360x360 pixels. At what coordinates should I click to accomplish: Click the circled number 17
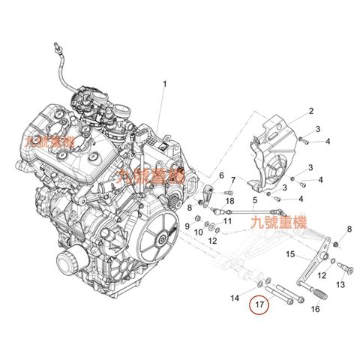coord(259,305)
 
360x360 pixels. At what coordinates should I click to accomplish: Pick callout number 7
coord(233,181)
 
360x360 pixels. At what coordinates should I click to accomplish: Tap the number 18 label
coord(229,202)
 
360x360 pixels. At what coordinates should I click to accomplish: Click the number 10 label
coord(199,232)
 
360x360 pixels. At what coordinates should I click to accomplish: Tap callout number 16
coord(315,308)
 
